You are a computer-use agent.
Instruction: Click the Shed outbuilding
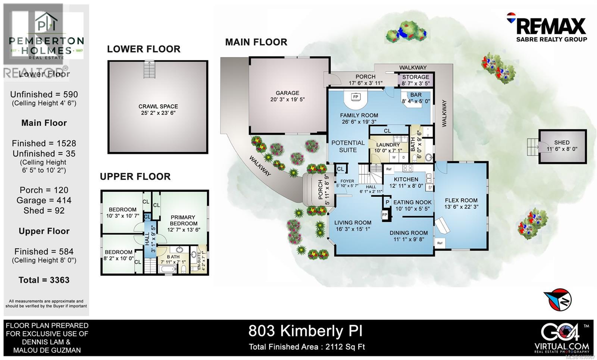coord(562,146)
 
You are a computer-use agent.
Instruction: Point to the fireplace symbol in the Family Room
coord(356,97)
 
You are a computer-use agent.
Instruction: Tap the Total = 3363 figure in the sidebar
coord(44,280)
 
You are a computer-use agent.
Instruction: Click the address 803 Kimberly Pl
coord(305,331)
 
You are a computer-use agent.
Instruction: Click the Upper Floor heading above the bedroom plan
coord(135,176)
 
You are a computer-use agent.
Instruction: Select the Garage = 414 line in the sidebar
coord(44,200)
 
